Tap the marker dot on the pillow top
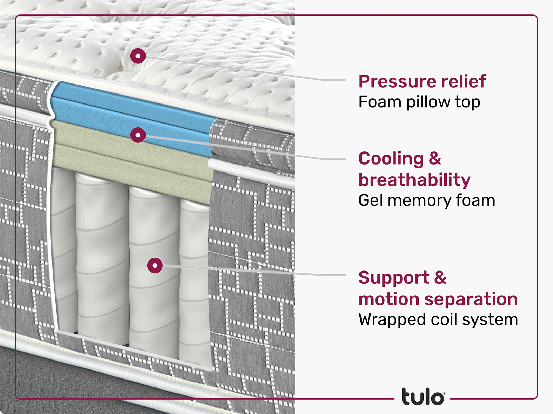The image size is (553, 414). (138, 56)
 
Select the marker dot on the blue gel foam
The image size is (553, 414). (138, 135)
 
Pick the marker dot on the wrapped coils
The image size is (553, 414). (155, 266)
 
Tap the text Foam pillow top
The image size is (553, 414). (419, 102)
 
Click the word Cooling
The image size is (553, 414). (391, 159)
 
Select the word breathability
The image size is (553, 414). (414, 180)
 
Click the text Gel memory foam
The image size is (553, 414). (427, 200)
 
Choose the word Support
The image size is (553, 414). (394, 278)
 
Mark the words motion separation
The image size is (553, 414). (438, 299)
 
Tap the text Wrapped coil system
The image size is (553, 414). (438, 320)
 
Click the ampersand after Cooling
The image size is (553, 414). (435, 159)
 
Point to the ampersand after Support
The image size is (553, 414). (440, 278)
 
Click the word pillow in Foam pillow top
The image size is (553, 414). (429, 102)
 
